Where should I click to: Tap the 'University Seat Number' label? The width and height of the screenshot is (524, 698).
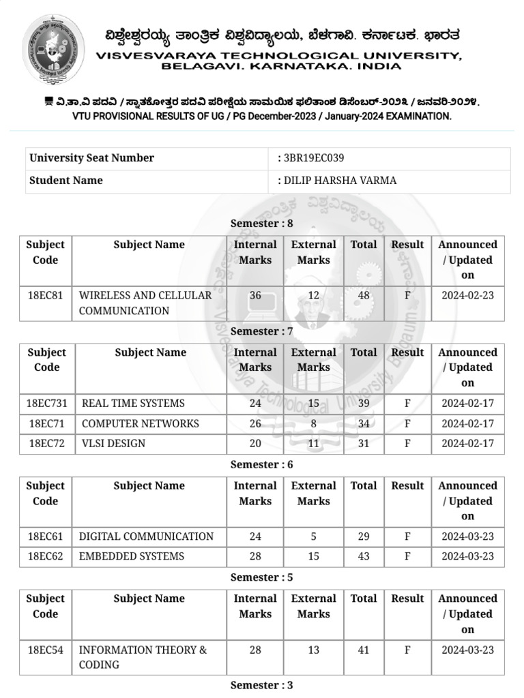91,158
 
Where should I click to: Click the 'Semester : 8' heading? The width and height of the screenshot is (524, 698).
261,224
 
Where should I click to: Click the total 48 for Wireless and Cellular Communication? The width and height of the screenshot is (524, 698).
364,296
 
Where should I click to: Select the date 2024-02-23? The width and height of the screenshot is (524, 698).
467,296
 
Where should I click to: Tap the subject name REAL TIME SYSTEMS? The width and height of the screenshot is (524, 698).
133,404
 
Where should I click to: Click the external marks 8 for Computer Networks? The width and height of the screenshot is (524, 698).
313,424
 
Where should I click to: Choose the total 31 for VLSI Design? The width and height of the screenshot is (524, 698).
364,444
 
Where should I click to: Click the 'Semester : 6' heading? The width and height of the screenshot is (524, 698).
261,465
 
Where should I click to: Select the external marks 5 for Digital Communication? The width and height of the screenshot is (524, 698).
313,537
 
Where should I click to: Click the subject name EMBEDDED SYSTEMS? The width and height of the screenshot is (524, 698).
132,557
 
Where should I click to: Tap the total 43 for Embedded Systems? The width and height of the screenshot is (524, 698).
364,557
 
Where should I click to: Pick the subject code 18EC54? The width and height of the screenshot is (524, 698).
45,650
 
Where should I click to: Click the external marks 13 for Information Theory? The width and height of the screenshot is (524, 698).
313,650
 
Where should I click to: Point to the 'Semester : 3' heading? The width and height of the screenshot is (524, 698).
261,686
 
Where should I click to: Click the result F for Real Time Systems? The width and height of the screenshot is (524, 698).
407,404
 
